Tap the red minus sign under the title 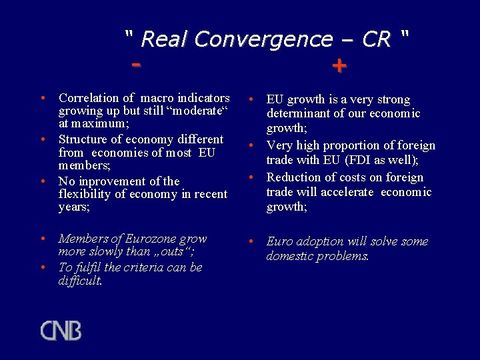(137, 65)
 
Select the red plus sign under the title (339, 66)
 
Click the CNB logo (61, 331)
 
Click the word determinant (297, 113)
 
